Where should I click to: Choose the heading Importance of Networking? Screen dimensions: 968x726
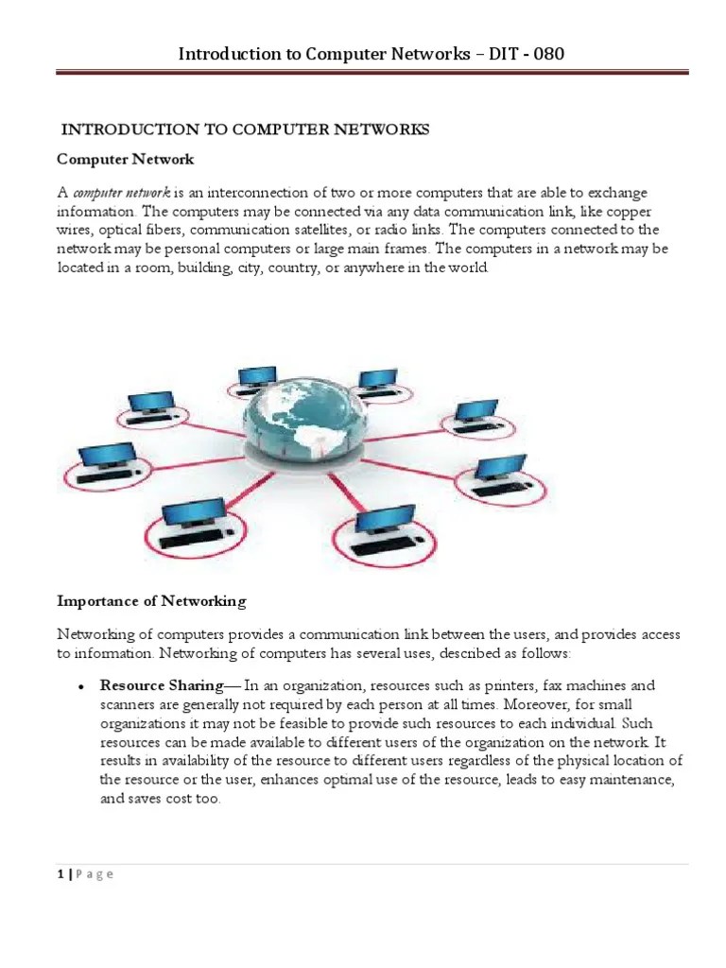tap(151, 600)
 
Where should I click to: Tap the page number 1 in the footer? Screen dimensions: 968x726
tap(60, 873)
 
